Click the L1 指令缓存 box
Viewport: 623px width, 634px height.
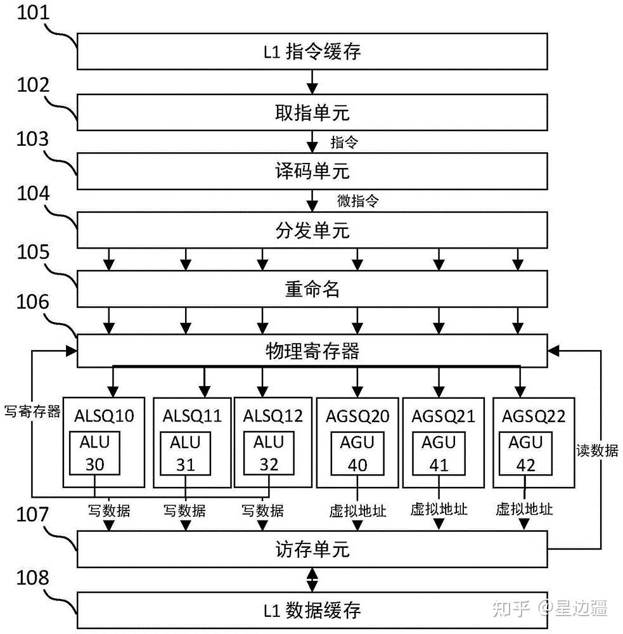(x=312, y=51)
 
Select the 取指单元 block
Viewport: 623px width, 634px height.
(x=312, y=113)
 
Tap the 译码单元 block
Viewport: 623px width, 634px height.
(x=312, y=171)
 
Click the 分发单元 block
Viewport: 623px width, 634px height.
(x=312, y=230)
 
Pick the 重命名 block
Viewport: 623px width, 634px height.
(x=312, y=288)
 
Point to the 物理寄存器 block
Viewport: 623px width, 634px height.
(x=312, y=351)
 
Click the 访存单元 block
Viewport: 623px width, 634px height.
(x=312, y=549)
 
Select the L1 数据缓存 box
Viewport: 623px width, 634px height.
(x=312, y=610)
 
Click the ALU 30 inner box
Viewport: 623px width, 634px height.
(x=95, y=453)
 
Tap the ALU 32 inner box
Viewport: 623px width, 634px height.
(x=269, y=453)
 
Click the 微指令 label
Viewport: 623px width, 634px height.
(x=358, y=202)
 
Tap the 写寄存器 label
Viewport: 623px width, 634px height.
(x=32, y=411)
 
